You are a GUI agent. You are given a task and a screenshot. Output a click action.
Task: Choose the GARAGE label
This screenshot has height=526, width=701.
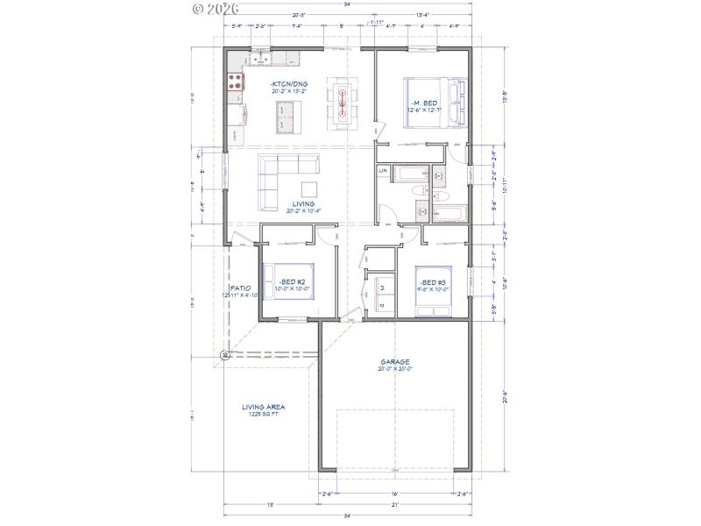pyautogui.click(x=394, y=361)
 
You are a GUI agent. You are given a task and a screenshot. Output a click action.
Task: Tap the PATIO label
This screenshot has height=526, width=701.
pyautogui.click(x=240, y=288)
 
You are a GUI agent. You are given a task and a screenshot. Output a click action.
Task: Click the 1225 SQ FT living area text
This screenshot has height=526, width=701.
pyautogui.click(x=263, y=414)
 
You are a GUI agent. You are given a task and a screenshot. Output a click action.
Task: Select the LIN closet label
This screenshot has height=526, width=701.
pyautogui.click(x=383, y=170)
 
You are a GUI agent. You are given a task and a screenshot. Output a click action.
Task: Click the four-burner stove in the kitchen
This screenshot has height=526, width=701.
pyautogui.click(x=236, y=82)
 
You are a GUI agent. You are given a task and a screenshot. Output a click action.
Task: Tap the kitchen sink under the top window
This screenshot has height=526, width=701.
pyautogui.click(x=261, y=60)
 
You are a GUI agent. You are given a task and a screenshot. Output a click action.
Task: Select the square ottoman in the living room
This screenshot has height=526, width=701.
pyautogui.click(x=309, y=189)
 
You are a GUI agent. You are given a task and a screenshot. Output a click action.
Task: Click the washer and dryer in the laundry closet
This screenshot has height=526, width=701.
pyautogui.click(x=384, y=294)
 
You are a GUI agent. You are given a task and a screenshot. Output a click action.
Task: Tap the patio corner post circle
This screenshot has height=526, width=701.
pyautogui.click(x=226, y=354)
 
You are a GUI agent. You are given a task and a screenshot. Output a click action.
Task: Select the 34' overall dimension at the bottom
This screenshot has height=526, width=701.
pyautogui.click(x=348, y=516)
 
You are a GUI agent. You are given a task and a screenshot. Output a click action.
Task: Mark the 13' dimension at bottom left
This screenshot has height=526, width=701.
pyautogui.click(x=271, y=505)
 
